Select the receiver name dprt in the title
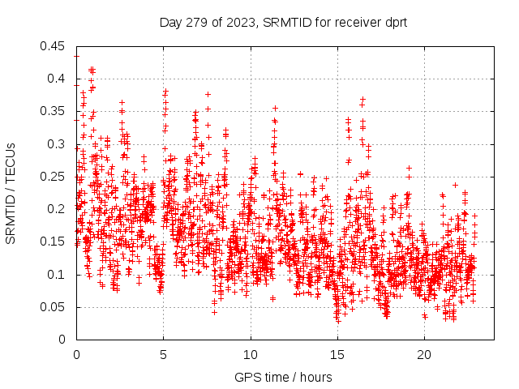click(x=394, y=23)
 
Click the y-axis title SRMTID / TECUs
click(x=11, y=193)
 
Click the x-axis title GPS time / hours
click(x=284, y=377)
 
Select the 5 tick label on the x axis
click(x=163, y=355)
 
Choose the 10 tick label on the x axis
click(x=251, y=355)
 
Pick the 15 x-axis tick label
click(x=337, y=355)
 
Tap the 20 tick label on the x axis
click(x=424, y=355)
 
